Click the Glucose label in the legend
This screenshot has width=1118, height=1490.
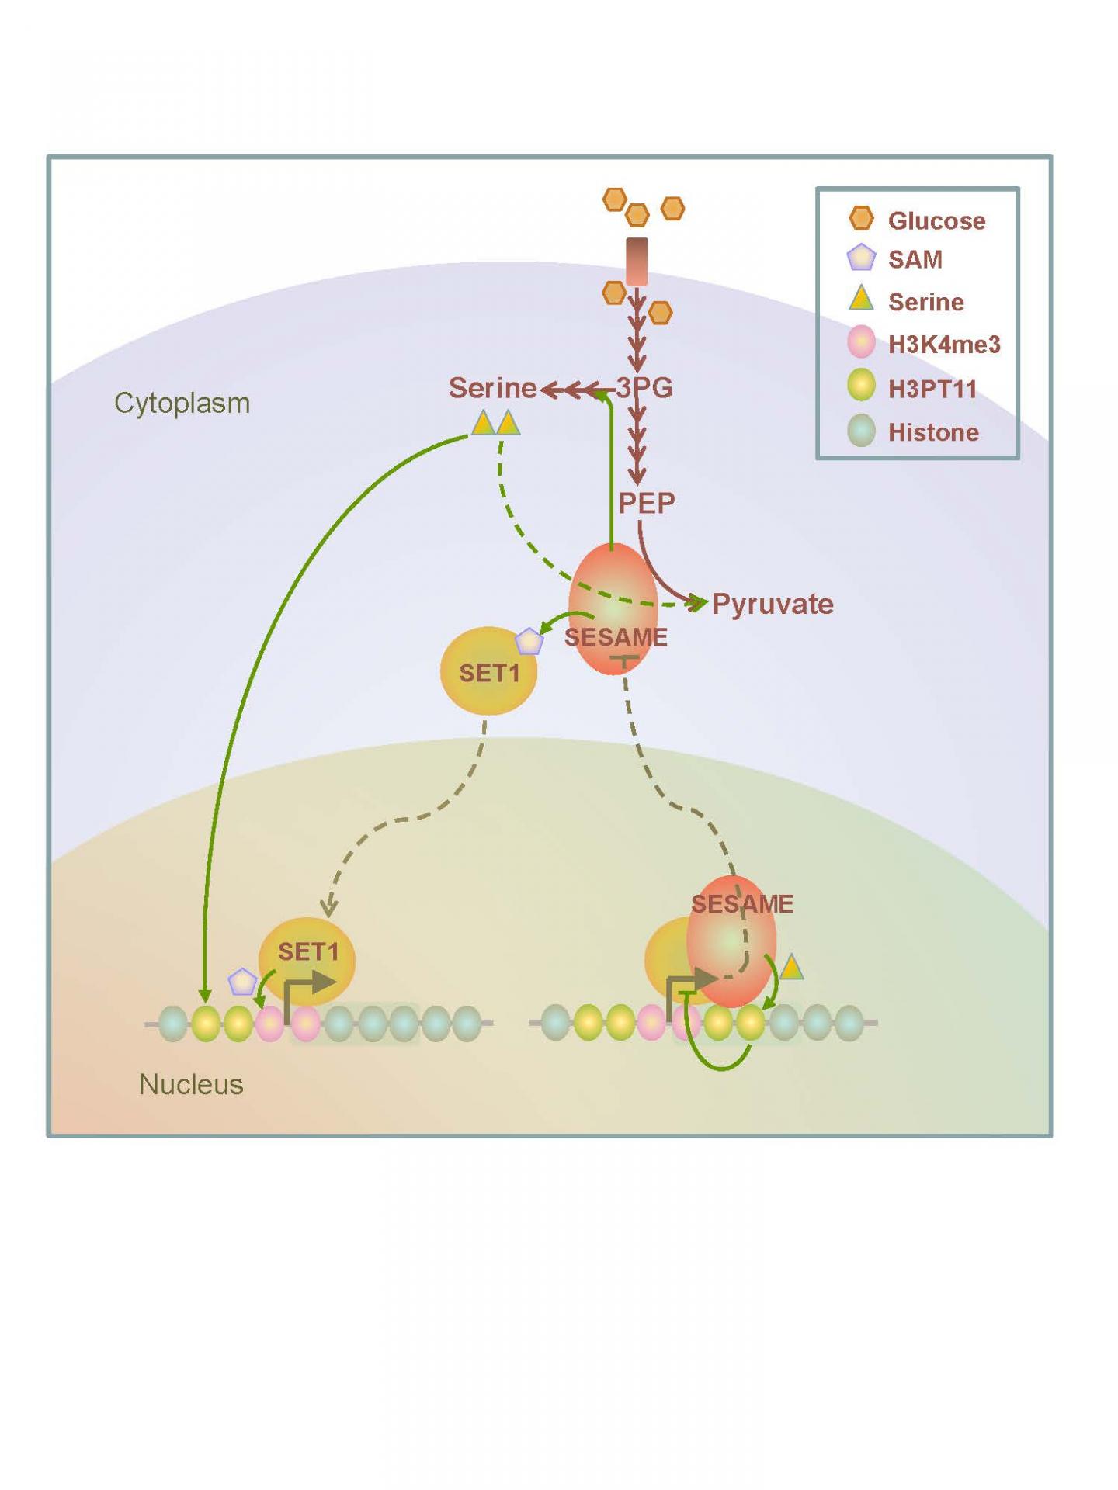click(x=936, y=220)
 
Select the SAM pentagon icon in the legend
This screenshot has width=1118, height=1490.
click(x=861, y=258)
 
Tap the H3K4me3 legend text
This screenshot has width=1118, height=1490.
click(x=943, y=344)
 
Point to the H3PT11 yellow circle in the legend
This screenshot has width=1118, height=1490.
click(x=861, y=386)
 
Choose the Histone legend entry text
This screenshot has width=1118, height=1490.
click(x=932, y=431)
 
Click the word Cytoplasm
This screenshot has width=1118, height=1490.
click(x=182, y=403)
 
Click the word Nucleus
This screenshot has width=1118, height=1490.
click(x=191, y=1084)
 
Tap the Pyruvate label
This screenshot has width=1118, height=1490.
click(x=772, y=604)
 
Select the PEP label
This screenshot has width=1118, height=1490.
click(x=646, y=503)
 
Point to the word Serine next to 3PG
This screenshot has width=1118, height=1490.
click(x=492, y=387)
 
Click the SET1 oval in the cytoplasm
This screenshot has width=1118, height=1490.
click(x=488, y=672)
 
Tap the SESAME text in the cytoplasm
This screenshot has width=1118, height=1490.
click(x=616, y=637)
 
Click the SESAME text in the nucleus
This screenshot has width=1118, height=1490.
click(x=741, y=903)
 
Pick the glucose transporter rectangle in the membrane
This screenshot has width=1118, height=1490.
click(x=637, y=262)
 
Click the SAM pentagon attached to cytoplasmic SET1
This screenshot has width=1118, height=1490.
click(x=529, y=642)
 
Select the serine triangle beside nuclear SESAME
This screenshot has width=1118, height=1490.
click(x=791, y=968)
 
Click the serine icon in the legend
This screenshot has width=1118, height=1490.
click(x=861, y=299)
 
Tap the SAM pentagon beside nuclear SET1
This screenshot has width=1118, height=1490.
click(x=242, y=982)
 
